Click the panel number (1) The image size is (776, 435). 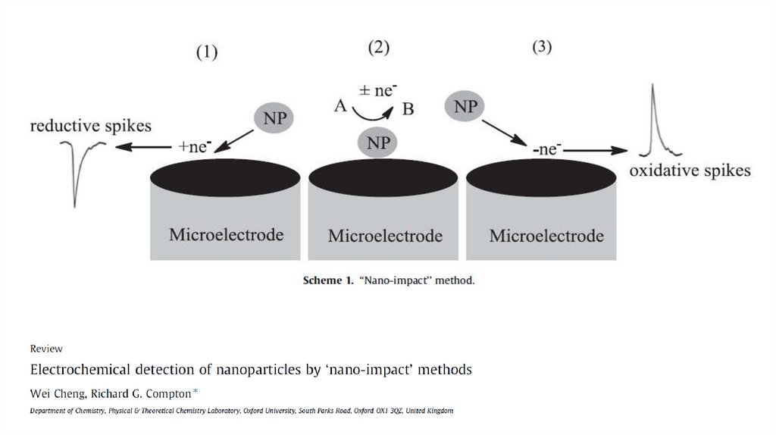tap(207, 52)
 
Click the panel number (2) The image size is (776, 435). tap(379, 48)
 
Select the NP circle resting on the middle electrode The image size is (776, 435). tap(379, 142)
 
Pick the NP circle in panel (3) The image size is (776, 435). tap(465, 107)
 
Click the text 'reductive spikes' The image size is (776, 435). tap(90, 125)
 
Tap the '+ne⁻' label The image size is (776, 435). tap(192, 147)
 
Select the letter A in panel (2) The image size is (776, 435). tap(340, 107)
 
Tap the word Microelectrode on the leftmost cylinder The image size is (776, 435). tap(226, 233)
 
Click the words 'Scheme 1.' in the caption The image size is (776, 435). tap(328, 281)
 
